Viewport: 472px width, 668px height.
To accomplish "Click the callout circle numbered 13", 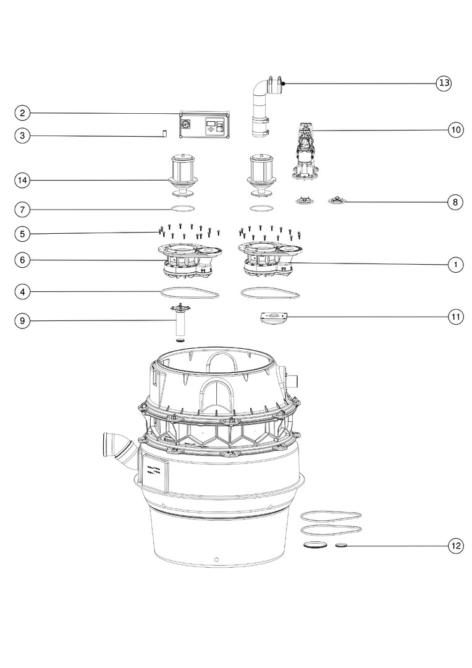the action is pos(443,83).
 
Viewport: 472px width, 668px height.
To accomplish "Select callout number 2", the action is pos(22,113).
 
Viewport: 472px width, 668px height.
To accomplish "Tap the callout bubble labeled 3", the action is pos(22,136).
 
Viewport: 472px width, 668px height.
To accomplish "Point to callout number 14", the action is pos(22,180).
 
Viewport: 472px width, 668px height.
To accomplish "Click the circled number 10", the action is pos(455,130).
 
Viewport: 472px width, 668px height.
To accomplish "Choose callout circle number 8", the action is pos(455,202).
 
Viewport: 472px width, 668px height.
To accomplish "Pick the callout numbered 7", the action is pos(22,209).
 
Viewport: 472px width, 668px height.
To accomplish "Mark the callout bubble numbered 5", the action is pos(22,233).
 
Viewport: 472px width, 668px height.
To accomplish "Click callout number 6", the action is pos(22,260).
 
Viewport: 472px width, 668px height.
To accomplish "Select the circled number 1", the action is pos(455,265).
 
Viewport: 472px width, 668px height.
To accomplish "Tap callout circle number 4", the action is pos(22,292).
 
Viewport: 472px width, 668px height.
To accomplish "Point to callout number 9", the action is pos(22,321).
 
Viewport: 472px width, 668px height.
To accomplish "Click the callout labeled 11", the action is pos(455,317).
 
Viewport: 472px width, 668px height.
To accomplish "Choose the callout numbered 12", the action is pos(455,546).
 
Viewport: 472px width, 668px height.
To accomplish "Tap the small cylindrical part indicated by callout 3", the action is pos(164,134).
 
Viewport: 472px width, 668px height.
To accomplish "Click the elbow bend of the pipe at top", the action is pos(259,88).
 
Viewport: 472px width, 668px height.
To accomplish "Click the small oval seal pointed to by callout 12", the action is pos(342,546).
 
